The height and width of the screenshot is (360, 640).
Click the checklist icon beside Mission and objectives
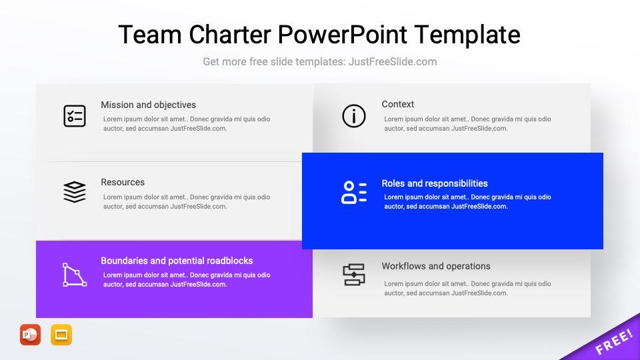[x=74, y=116]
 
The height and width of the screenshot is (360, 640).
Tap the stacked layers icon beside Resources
[x=74, y=192]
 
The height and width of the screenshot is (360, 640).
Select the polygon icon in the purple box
[x=74, y=275]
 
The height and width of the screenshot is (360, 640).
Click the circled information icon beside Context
[x=354, y=116]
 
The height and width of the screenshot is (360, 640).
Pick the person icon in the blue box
[x=354, y=192]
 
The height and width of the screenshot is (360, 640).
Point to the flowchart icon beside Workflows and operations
[x=354, y=275]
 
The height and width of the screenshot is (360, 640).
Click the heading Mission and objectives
[x=148, y=105]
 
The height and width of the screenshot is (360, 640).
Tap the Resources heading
[x=123, y=182]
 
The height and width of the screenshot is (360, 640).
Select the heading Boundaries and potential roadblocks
[x=177, y=261]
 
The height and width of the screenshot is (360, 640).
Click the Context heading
[x=398, y=104]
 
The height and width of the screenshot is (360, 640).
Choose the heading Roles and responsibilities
[x=435, y=183]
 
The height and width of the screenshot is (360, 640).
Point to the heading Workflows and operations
[x=436, y=266]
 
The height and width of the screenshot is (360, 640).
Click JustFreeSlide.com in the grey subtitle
[x=393, y=61]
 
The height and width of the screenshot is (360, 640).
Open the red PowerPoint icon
[x=30, y=335]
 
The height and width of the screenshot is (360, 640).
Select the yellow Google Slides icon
[x=61, y=335]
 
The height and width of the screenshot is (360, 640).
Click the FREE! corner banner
[x=613, y=341]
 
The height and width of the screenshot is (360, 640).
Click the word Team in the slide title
[x=145, y=34]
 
